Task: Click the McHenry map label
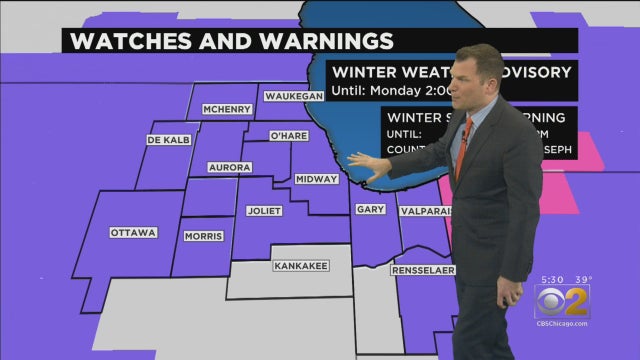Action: click(225, 109)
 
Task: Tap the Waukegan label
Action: click(294, 96)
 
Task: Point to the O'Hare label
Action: click(289, 134)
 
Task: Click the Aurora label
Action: click(230, 167)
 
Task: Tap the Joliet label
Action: click(264, 210)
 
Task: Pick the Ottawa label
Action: click(133, 233)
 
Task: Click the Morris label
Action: click(203, 236)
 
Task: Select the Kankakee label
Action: click(301, 266)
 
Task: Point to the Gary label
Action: click(369, 210)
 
